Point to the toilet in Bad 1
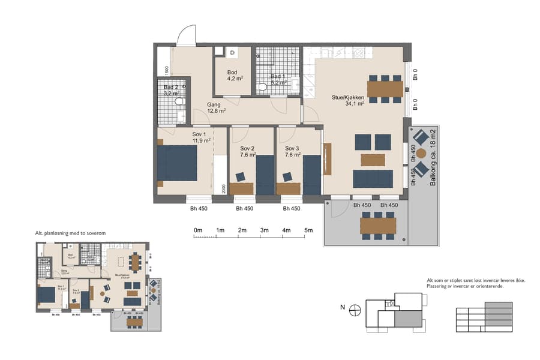pos(262,88)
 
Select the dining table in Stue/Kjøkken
pos(385,89)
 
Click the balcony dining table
pos(378,226)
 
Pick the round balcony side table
pos(421,154)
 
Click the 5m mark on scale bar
pos(308,230)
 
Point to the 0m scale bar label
pos(197,230)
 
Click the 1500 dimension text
pos(167,70)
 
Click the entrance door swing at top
pos(187,34)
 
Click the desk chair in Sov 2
pos(241,176)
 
